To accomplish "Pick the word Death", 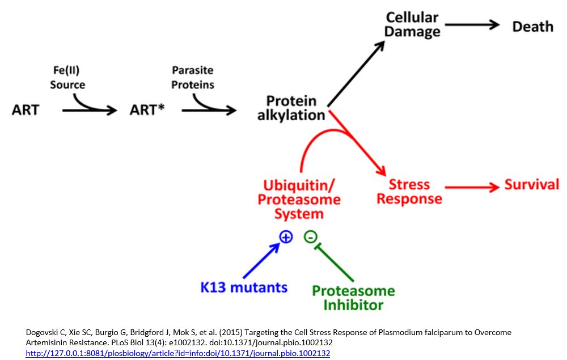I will click(x=532, y=26).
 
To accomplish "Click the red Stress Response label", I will click(x=410, y=192).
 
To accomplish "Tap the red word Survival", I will click(x=532, y=185).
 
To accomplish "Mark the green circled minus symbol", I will click(x=310, y=237).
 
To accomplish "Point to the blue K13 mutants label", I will click(x=244, y=287).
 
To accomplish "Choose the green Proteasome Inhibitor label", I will click(x=353, y=298).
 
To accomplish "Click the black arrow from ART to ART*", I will click(x=88, y=109).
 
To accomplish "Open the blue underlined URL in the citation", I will click(x=178, y=353).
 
